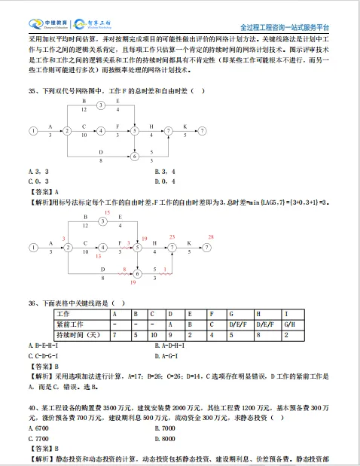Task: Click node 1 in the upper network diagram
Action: (32, 131)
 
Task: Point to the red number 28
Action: (211, 237)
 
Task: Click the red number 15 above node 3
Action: (106, 213)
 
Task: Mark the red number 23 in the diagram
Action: (172, 237)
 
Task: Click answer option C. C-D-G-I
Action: (44, 354)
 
